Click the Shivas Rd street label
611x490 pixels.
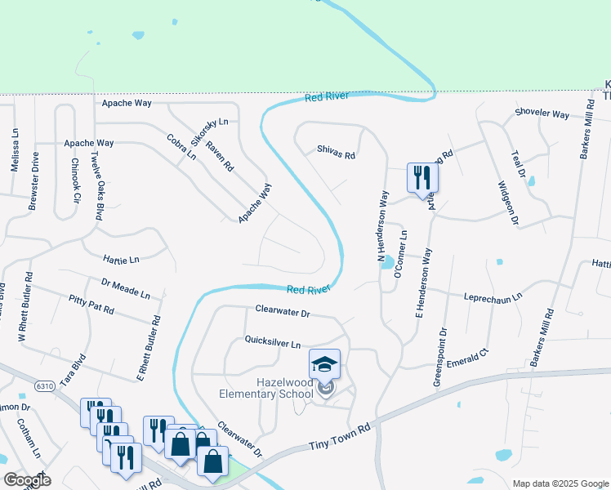[337, 154]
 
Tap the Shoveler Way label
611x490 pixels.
[542, 114]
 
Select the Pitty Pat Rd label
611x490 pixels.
[91, 306]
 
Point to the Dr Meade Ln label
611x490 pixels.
[126, 287]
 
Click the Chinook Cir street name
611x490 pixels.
[75, 181]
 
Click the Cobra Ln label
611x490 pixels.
[181, 145]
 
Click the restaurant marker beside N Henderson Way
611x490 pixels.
[422, 179]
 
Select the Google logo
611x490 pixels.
[27, 480]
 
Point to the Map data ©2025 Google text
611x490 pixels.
[560, 483]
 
